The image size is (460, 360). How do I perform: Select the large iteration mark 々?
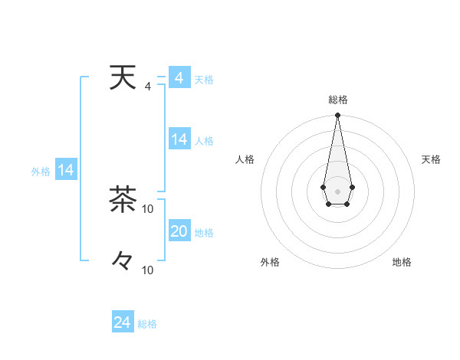coord(122,260)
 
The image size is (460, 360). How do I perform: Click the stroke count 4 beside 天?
coord(147,87)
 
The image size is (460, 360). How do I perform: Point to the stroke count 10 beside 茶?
coord(148,208)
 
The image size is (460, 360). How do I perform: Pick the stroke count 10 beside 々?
coord(148,270)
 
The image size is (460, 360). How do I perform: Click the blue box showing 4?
coord(179,78)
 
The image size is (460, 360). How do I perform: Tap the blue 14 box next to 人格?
coord(179,139)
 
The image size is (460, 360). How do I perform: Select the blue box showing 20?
coord(179,231)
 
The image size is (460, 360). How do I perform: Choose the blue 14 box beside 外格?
coord(66,171)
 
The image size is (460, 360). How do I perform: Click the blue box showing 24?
coord(123,322)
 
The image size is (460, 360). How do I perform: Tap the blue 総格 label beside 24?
coord(147,324)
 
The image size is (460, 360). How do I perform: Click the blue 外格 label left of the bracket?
coord(41,172)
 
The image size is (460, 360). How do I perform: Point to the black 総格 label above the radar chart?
coord(337,100)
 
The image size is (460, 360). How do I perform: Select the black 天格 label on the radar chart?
coord(431,159)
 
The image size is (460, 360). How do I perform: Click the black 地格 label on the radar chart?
coord(402,263)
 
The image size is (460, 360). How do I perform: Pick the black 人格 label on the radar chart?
coord(245,159)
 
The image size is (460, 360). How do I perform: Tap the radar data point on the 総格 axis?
coord(337,116)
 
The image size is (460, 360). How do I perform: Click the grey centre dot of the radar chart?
coord(337,190)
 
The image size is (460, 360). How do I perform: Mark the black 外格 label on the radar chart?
coord(270,263)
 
